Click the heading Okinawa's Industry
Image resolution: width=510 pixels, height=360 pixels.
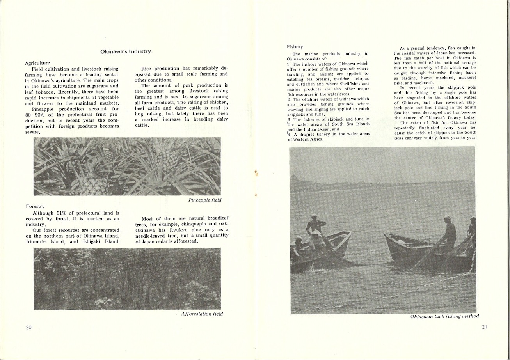click(125, 51)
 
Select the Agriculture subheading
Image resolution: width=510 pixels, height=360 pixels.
click(37, 63)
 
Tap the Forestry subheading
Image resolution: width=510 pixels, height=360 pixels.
click(35, 206)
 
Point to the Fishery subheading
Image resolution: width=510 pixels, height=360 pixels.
click(295, 47)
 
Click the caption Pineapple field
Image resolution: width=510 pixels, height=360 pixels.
click(204, 200)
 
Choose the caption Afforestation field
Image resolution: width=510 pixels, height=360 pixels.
click(202, 314)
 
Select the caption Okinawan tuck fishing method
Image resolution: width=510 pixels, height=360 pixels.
click(444, 316)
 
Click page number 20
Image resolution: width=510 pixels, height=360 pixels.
click(28, 327)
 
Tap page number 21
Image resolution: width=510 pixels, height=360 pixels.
click(484, 327)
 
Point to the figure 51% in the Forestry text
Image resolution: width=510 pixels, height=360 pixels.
click(62, 213)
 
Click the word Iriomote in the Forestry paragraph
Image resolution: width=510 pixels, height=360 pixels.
click(36, 241)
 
